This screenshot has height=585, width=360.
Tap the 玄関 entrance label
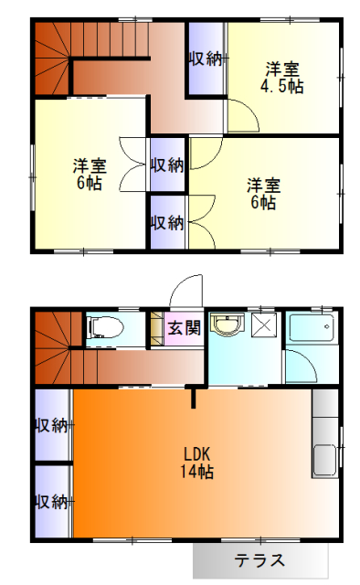[184, 328]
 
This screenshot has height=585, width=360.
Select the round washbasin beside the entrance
[225, 325]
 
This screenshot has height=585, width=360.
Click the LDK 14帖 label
[198, 463]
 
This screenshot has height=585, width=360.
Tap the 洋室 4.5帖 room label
[282, 77]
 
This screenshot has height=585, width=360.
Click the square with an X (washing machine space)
[264, 325]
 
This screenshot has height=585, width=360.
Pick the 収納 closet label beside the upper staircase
[206, 58]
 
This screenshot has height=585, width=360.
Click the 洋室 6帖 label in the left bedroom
[89, 174]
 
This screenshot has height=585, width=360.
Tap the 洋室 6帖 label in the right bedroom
[262, 193]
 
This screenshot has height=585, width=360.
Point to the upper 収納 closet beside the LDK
[51, 425]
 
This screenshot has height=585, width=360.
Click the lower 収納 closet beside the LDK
[51, 501]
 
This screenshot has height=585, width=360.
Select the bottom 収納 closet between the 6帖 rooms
[167, 222]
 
